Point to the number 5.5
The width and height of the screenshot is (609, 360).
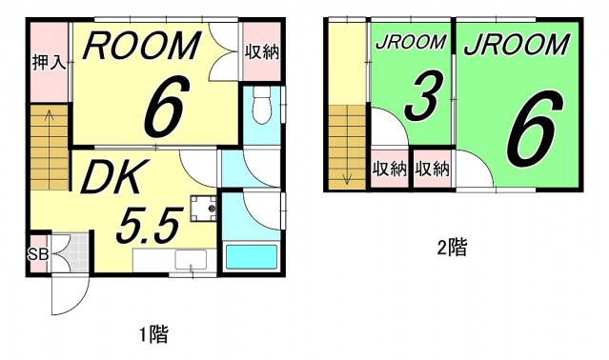point(148,225)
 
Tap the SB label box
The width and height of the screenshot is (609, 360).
point(38,254)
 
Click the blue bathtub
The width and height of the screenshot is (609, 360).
point(252,257)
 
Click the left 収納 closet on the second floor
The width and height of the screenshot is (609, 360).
point(388,170)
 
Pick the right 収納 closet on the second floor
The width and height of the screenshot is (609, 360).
point(431,170)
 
